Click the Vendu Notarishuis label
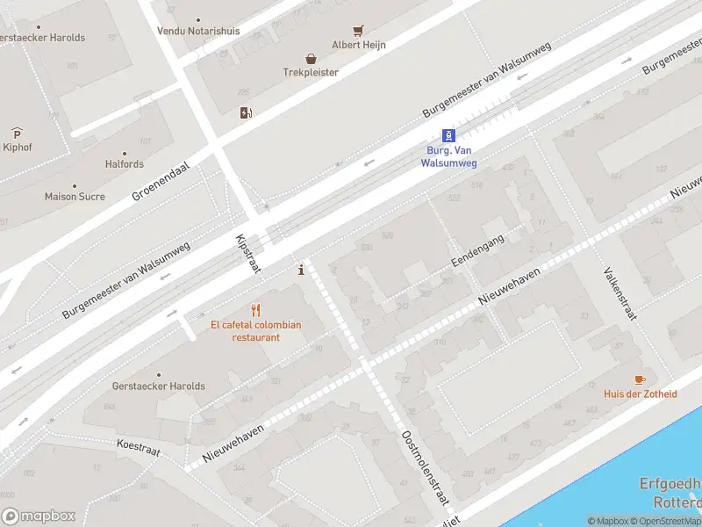pyautogui.click(x=197, y=31)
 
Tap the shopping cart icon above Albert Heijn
pyautogui.click(x=358, y=31)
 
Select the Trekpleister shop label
pyautogui.click(x=310, y=72)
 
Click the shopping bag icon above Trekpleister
pyautogui.click(x=310, y=58)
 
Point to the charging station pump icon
pyautogui.click(x=246, y=112)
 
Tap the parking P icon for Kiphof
pyautogui.click(x=17, y=134)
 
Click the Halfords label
pyautogui.click(x=125, y=164)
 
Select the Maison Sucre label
pyautogui.click(x=75, y=197)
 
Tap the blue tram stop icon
pyautogui.click(x=448, y=135)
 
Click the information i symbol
pyautogui.click(x=302, y=270)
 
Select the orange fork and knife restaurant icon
pyautogui.click(x=256, y=310)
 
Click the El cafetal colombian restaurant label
pyautogui.click(x=256, y=331)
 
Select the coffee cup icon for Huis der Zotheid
pyautogui.click(x=640, y=379)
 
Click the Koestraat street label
pyautogui.click(x=139, y=446)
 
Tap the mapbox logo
pyautogui.click(x=39, y=516)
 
